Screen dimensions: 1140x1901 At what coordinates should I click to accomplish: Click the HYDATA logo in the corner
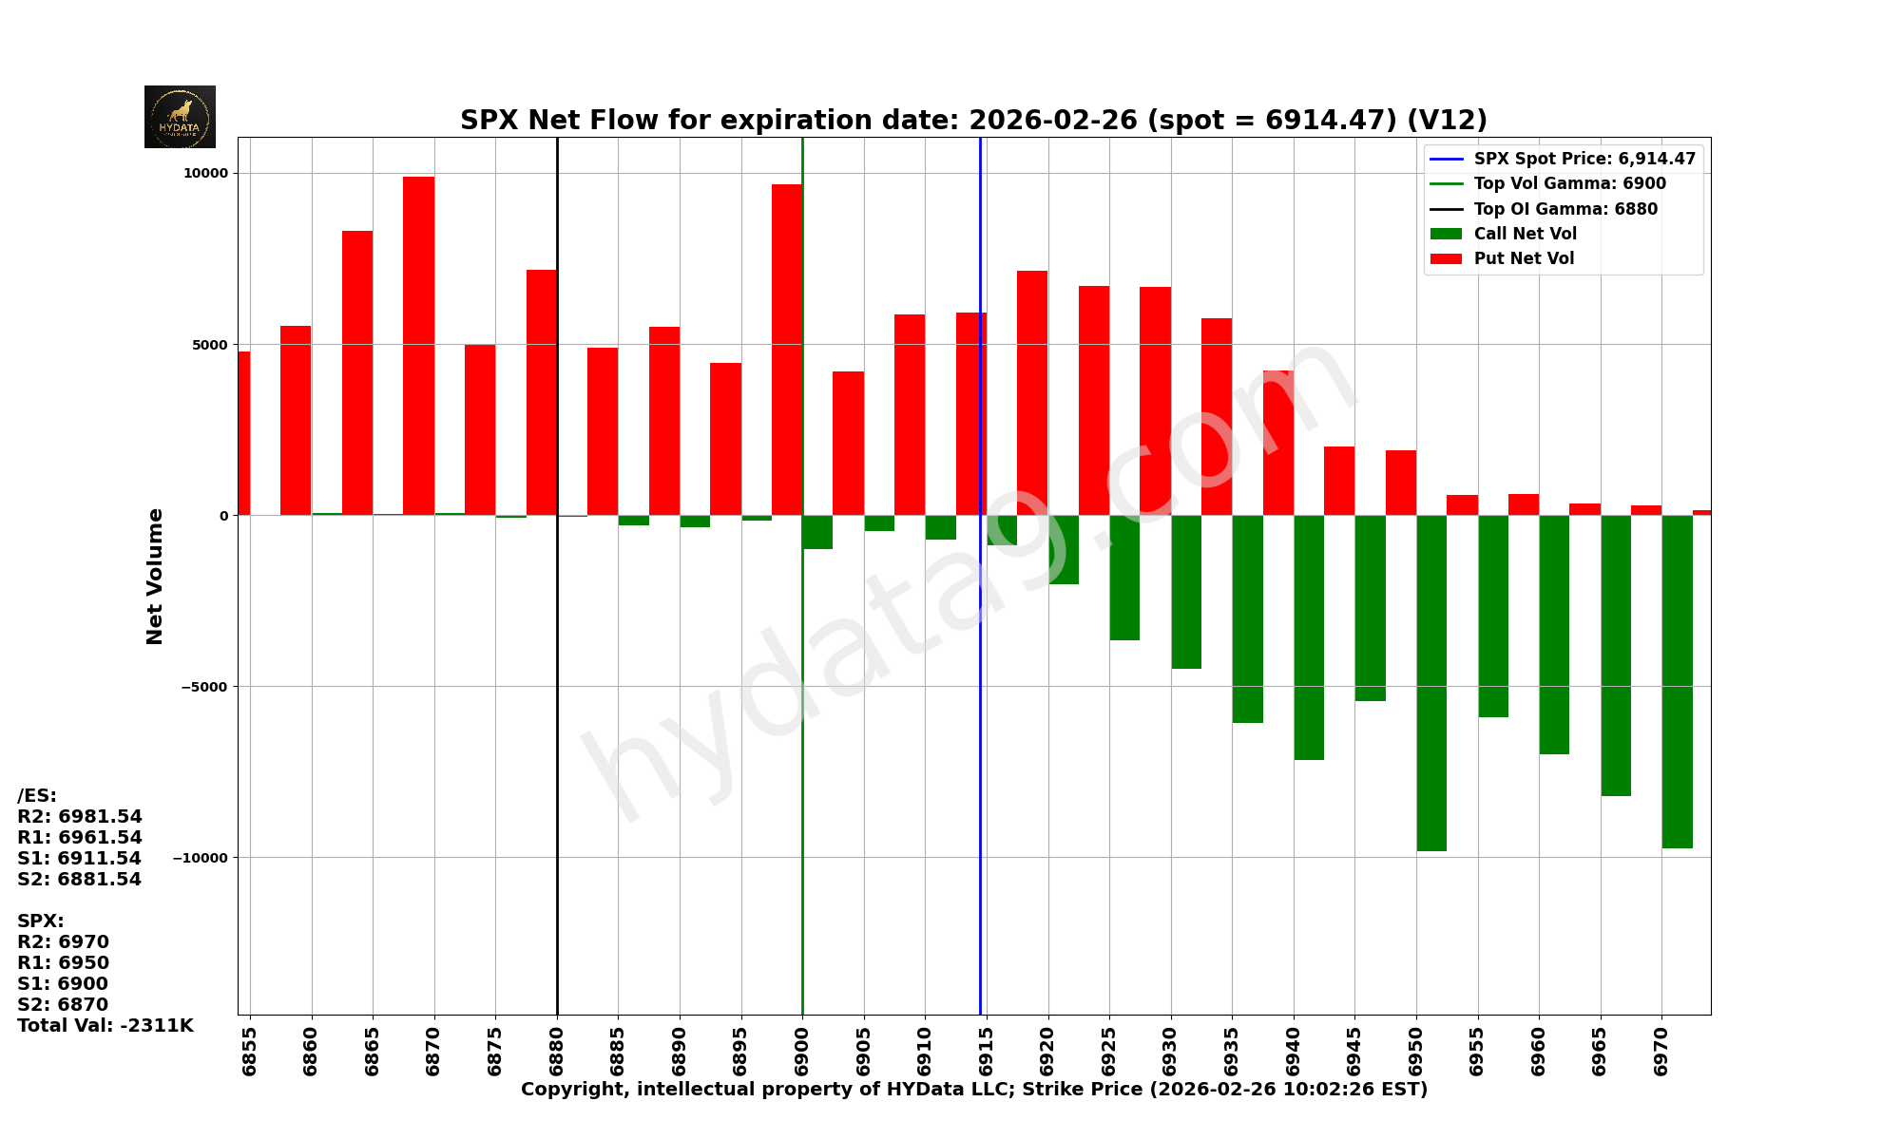180,117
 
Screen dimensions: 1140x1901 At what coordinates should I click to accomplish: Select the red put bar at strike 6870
418,346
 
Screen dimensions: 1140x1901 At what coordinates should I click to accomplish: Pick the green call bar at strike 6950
1431,683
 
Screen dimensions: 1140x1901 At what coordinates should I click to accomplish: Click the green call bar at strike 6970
1677,681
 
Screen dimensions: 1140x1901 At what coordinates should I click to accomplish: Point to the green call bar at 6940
1309,637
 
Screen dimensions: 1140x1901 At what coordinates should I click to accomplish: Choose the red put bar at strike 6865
357,372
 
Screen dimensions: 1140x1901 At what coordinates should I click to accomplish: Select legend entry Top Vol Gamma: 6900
1569,184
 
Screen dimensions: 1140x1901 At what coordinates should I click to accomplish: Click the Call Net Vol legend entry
1525,234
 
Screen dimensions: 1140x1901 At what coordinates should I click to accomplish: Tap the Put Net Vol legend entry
1524,258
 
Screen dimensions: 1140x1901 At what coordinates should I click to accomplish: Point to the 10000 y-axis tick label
206,173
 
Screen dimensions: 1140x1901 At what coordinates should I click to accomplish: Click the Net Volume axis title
155,577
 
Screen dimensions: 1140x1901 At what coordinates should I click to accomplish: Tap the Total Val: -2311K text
106,1026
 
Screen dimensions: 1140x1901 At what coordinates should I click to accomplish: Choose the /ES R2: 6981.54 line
80,817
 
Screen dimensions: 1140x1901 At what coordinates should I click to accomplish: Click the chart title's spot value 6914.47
1331,121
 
